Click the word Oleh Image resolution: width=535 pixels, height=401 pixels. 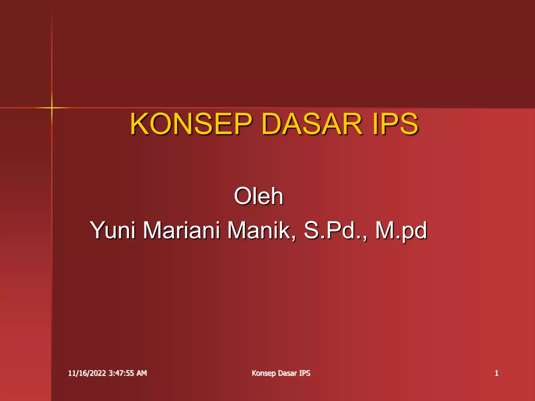(x=258, y=196)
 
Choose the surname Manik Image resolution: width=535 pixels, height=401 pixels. (x=259, y=230)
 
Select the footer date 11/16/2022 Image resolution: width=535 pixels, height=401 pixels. (x=87, y=373)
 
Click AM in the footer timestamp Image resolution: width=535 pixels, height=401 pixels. (x=142, y=373)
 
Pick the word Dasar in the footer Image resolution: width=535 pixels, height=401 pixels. (x=287, y=373)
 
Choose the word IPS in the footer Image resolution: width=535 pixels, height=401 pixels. (x=305, y=373)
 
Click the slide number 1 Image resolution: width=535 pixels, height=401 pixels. (x=496, y=373)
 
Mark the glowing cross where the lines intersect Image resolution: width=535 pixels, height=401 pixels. (x=52, y=107)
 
